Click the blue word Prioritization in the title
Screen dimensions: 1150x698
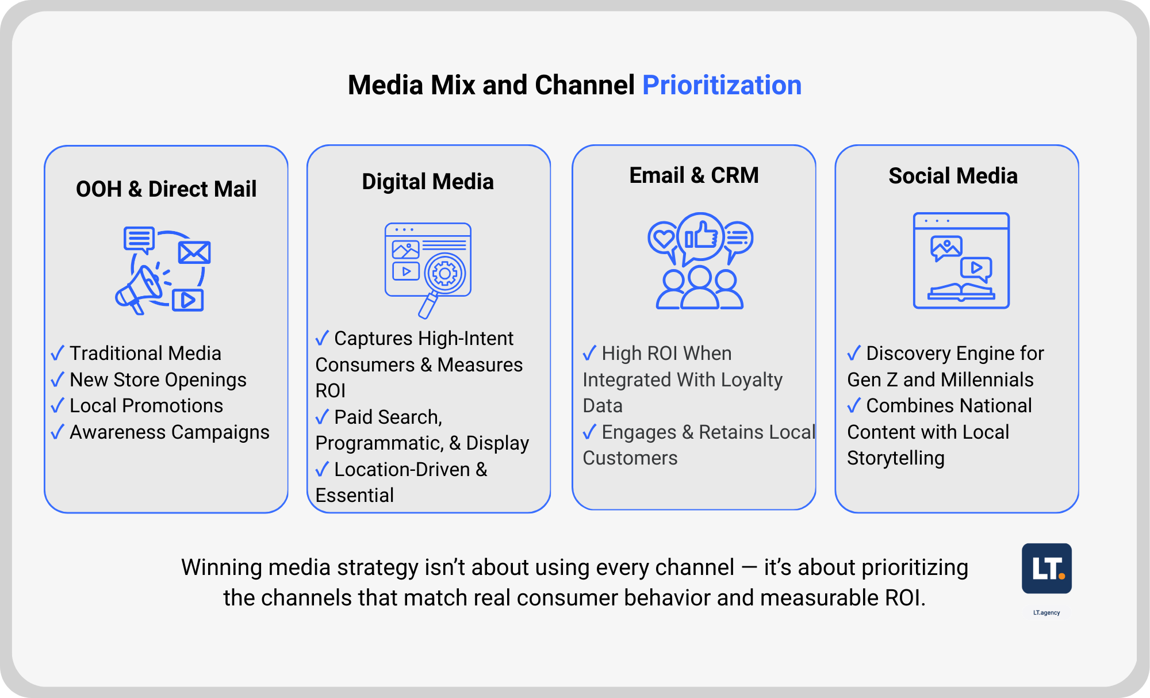tap(722, 85)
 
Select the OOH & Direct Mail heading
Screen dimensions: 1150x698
tap(166, 189)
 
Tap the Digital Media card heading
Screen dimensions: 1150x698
tap(428, 182)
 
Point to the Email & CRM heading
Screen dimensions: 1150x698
tap(694, 175)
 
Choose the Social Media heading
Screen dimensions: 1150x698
tap(953, 176)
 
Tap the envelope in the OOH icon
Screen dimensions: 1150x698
tap(194, 252)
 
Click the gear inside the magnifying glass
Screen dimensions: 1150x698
tap(444, 274)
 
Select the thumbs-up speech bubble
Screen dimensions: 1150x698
tap(700, 237)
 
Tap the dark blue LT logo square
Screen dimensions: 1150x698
tap(1046, 568)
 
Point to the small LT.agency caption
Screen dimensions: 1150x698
tap(1046, 613)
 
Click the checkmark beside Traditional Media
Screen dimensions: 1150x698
tap(57, 353)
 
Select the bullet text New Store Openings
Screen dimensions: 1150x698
tap(158, 380)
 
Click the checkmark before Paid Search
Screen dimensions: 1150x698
tap(322, 417)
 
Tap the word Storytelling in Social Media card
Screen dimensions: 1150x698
tap(896, 459)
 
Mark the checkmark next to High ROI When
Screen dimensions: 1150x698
tap(589, 353)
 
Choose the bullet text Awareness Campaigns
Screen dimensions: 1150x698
tap(170, 432)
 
